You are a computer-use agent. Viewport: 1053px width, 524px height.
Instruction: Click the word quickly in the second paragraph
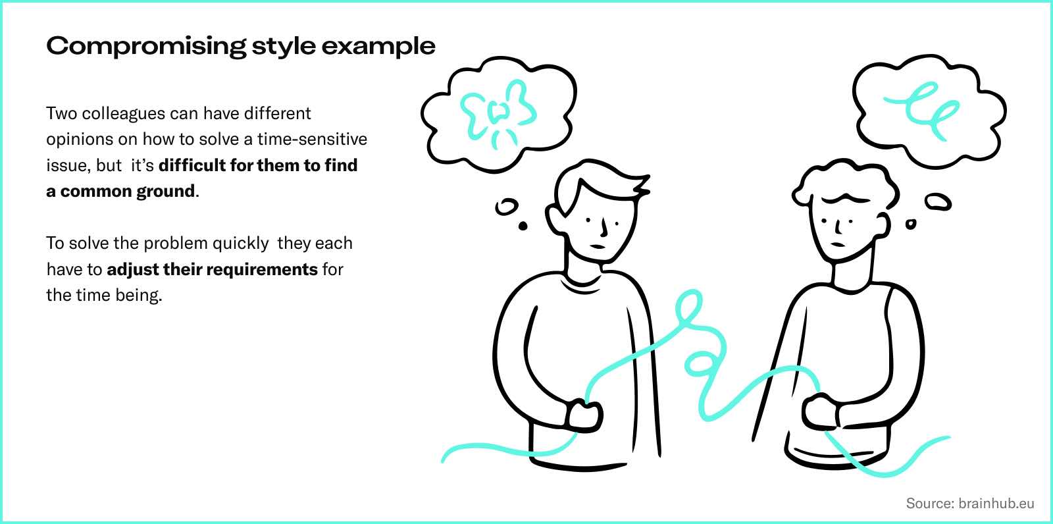click(240, 243)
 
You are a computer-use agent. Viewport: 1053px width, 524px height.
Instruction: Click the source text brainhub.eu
click(996, 504)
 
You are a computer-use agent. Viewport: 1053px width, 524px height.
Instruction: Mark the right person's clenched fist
click(820, 411)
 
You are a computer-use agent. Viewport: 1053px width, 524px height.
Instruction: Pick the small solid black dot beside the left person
click(523, 226)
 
